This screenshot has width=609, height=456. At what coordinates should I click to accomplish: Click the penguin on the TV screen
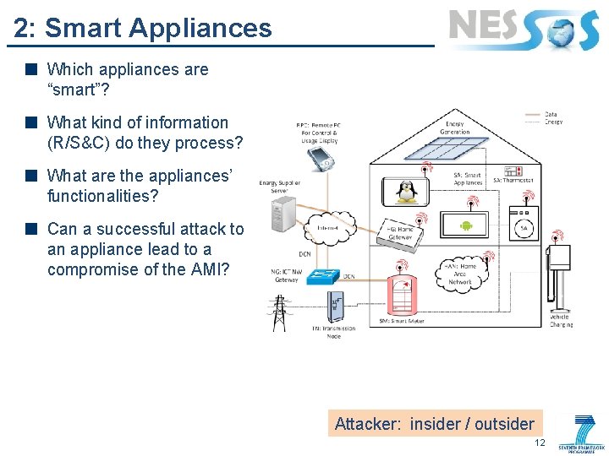(407, 191)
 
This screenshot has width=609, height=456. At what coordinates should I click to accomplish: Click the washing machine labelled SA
(524, 227)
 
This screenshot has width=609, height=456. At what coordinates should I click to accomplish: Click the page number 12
(540, 443)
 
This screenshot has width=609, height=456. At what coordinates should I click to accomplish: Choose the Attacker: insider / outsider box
(435, 424)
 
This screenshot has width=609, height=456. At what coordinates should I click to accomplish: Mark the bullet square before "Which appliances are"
(30, 69)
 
